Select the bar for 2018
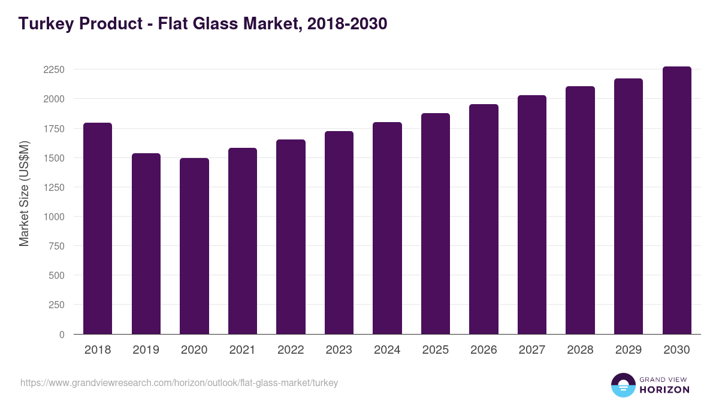98,228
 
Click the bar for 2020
194,246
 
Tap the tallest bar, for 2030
677,200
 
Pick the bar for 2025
436,223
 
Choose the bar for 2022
291,236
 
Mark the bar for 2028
581,210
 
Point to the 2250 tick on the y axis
54,69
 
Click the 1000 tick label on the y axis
54,217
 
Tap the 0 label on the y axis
62,335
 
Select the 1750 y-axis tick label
54,128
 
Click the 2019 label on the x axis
146,350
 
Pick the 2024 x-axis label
387,350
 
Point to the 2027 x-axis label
532,350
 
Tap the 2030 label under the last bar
677,350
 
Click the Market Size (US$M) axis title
24,193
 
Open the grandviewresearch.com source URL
179,382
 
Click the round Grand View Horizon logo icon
623,385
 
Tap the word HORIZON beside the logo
664,390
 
